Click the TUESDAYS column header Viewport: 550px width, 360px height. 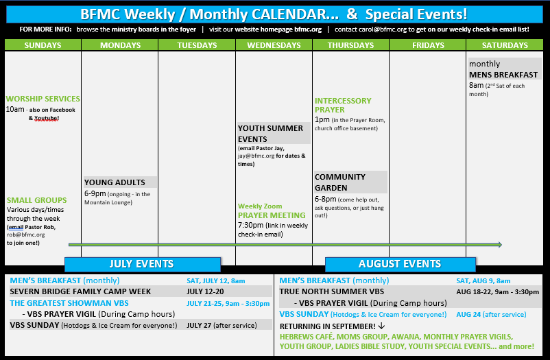[x=197, y=45]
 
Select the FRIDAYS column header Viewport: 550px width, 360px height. [x=428, y=45]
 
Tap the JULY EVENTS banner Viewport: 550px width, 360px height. [x=143, y=264]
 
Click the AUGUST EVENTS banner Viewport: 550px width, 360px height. [x=400, y=264]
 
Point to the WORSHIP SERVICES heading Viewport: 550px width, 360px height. [x=43, y=99]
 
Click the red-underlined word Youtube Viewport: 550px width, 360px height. [x=47, y=118]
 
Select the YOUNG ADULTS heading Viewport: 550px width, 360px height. [x=115, y=182]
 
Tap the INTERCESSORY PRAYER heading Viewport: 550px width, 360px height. [x=343, y=106]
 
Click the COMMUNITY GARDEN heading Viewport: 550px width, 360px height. [x=340, y=182]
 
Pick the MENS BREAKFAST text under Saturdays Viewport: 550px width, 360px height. [x=503, y=75]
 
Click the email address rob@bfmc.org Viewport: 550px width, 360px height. [x=25, y=235]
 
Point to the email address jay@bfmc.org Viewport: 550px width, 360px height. [x=256, y=156]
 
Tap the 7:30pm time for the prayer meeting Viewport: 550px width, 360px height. [x=250, y=226]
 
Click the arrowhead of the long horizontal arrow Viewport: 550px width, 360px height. [x=499, y=245]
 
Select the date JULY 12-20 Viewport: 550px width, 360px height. [x=205, y=291]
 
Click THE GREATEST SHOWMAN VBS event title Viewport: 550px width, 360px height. [x=69, y=303]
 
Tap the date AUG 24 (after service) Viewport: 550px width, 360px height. [x=491, y=315]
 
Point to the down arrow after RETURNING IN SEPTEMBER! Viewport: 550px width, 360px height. [x=381, y=326]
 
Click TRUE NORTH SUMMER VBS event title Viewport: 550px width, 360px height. [x=331, y=291]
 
